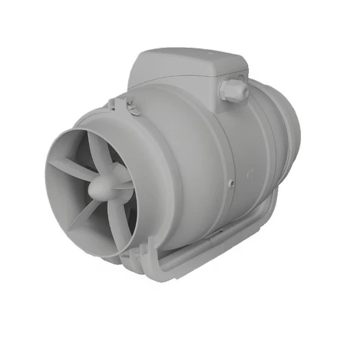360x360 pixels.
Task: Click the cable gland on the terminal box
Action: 235,90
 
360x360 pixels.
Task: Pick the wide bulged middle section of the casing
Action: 182,164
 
